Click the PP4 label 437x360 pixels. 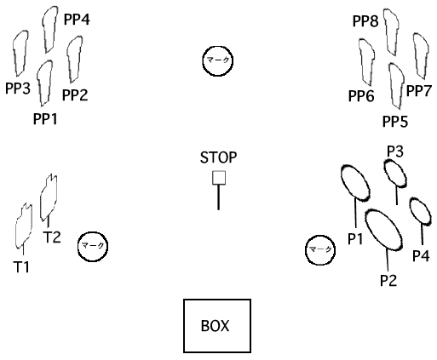pyautogui.click(x=77, y=20)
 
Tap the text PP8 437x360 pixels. pyautogui.click(x=365, y=21)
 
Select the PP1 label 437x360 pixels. pyautogui.click(x=45, y=119)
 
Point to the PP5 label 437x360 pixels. pyautogui.click(x=395, y=122)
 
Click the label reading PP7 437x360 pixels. pyautogui.click(x=419, y=91)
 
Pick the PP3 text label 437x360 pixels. pyautogui.click(x=18, y=89)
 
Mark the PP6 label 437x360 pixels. pyautogui.click(x=361, y=96)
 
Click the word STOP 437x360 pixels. pyautogui.click(x=218, y=157)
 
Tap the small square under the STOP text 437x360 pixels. pyautogui.click(x=219, y=178)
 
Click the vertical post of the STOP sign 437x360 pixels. pyautogui.click(x=218, y=197)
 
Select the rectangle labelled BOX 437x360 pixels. pyautogui.click(x=217, y=326)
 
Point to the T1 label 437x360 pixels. pyautogui.click(x=21, y=267)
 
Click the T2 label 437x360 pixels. pyautogui.click(x=52, y=237)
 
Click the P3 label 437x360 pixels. pyautogui.click(x=395, y=151)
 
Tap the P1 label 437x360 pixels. pyautogui.click(x=355, y=238)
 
